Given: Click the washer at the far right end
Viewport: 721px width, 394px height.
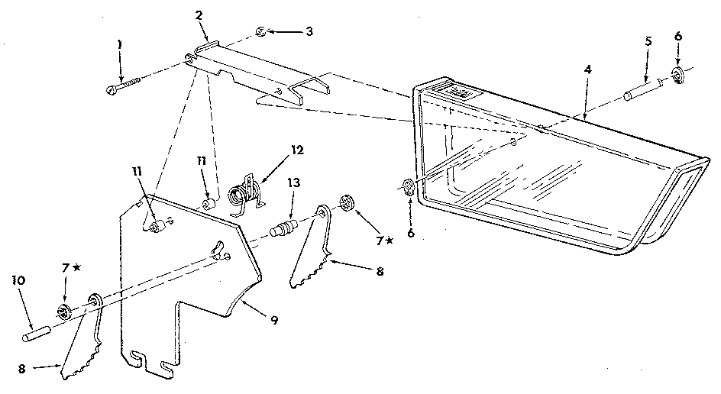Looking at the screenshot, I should point(677,73).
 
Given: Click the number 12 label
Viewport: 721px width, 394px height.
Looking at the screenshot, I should point(296,150).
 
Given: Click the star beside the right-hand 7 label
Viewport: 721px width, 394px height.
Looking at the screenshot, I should point(390,241).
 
